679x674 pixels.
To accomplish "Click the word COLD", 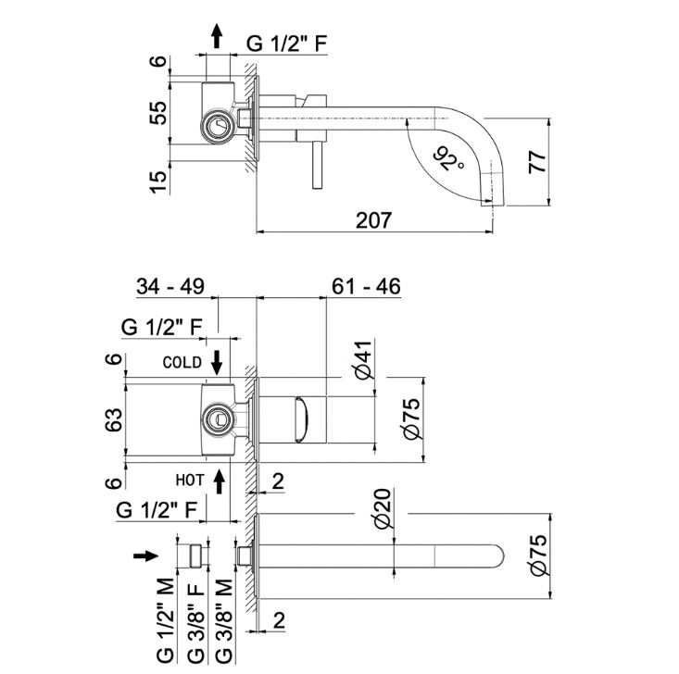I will coord(182,363).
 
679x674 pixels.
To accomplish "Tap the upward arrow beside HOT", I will coord(219,481).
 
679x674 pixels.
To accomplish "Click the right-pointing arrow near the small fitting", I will coord(146,555).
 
